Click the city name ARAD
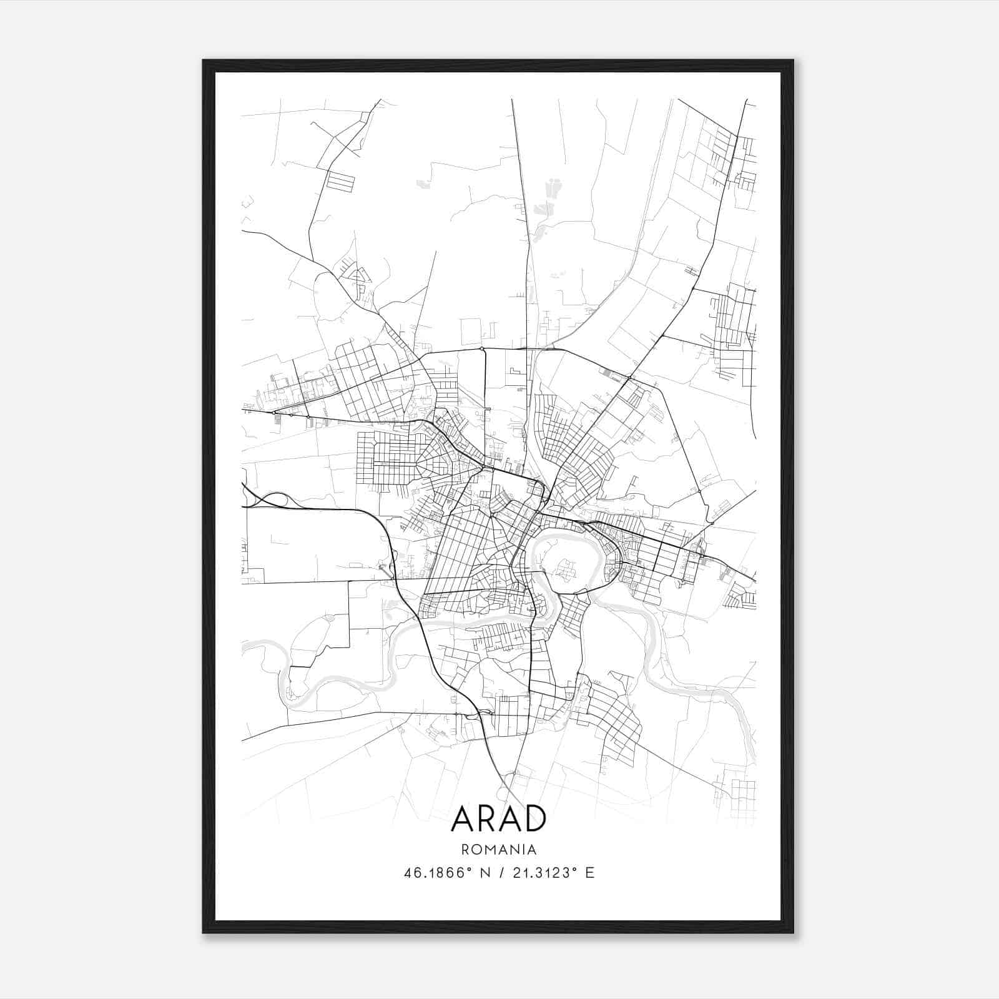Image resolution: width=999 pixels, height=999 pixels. (498, 819)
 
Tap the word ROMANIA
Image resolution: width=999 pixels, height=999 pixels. (499, 849)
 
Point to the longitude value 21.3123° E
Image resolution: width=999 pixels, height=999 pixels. (553, 873)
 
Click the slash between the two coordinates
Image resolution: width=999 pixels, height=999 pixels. (499, 873)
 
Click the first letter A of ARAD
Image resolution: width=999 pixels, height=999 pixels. (462, 819)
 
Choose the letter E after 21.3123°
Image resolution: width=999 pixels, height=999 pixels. (590, 873)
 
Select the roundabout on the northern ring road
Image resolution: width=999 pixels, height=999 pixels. (482, 348)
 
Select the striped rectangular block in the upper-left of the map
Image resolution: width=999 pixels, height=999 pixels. (340, 181)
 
